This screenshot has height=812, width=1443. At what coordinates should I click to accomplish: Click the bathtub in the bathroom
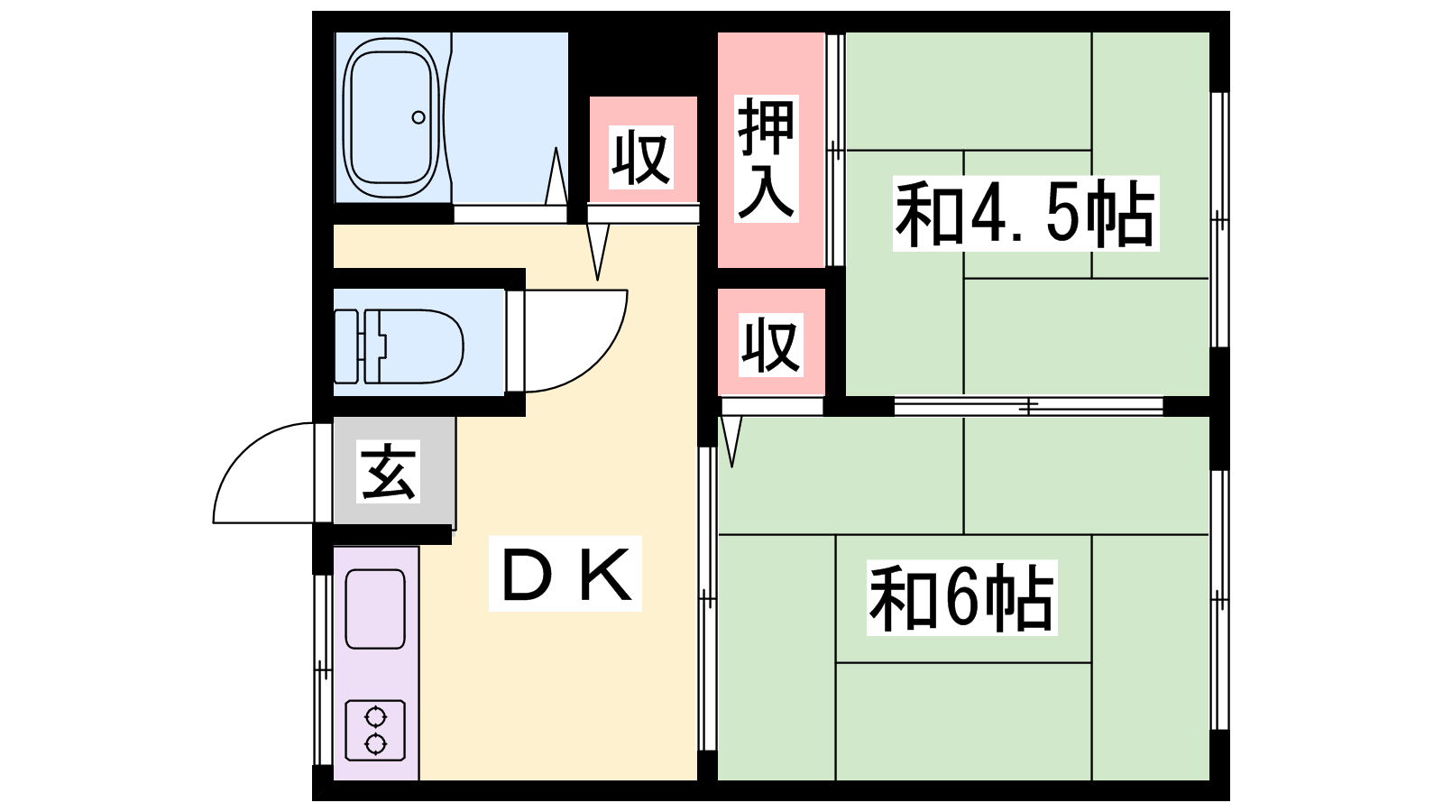click(391, 117)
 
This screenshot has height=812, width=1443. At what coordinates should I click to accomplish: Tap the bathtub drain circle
click(418, 117)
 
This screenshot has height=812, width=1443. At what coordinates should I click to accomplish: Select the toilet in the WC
click(401, 346)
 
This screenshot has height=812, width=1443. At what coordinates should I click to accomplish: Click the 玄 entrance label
click(389, 472)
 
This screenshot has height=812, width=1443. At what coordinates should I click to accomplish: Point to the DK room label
click(565, 575)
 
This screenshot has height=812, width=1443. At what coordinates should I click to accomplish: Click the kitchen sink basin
click(375, 608)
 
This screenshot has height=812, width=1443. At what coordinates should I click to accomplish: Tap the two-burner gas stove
click(375, 730)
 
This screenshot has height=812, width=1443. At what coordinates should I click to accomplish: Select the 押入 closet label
click(767, 159)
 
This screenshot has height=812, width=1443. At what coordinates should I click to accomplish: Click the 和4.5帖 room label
click(1025, 215)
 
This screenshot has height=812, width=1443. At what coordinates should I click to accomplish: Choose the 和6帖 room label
click(961, 598)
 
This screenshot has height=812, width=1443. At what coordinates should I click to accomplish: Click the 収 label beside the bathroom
click(641, 158)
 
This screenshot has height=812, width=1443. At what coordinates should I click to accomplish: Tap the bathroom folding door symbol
click(556, 180)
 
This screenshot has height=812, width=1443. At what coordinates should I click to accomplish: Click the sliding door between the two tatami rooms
click(1028, 407)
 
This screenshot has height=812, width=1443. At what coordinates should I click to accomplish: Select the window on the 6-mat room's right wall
click(1219, 599)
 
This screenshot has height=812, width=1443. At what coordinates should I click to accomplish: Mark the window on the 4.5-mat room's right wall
click(1219, 219)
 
